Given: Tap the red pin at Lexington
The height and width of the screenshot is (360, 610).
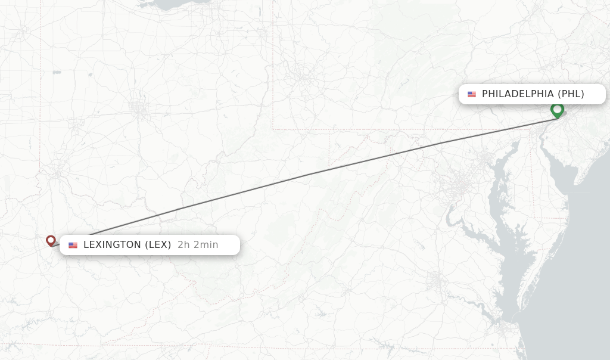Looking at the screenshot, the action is coord(51,240).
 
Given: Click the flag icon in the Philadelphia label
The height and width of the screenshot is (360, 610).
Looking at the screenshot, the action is coord(472,94).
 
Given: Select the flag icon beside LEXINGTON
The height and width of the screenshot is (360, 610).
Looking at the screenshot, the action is coord(73,245).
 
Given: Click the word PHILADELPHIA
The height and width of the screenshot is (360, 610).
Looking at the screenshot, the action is coord(518,94).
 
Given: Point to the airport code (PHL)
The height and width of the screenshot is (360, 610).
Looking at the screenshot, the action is coord(571,94).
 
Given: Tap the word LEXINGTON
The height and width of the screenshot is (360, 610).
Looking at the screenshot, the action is coord(113,245).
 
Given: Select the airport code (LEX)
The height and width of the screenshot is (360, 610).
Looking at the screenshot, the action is coord(158,245).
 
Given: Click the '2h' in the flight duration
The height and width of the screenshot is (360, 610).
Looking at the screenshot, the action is coord(183,245).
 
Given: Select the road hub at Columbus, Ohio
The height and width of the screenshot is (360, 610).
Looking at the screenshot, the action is coord(141,109).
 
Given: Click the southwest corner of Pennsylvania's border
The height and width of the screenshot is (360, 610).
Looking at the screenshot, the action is coord(273,129).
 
